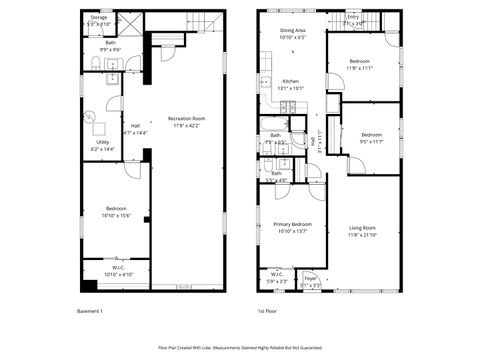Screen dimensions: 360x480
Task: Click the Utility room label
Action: (102, 145)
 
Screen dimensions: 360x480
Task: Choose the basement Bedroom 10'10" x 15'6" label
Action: (116, 211)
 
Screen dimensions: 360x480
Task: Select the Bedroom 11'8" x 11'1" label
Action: (362, 65)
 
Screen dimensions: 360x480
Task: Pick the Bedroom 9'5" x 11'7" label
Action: (371, 137)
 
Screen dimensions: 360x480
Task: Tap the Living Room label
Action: (362, 231)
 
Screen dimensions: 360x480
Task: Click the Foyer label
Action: (311, 281)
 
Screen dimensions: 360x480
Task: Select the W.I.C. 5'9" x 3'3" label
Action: (277, 277)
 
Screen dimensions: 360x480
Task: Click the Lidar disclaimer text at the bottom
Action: (240, 348)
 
